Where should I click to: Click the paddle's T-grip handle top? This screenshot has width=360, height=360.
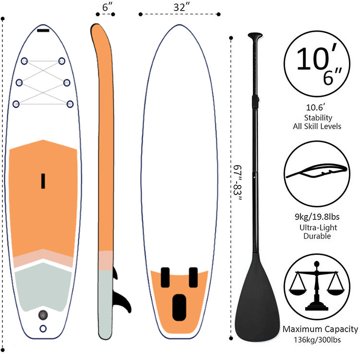[255, 36]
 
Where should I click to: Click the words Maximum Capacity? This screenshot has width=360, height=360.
[320, 329]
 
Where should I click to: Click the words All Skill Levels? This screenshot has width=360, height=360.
[318, 126]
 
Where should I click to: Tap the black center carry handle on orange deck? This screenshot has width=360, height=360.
[43, 180]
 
